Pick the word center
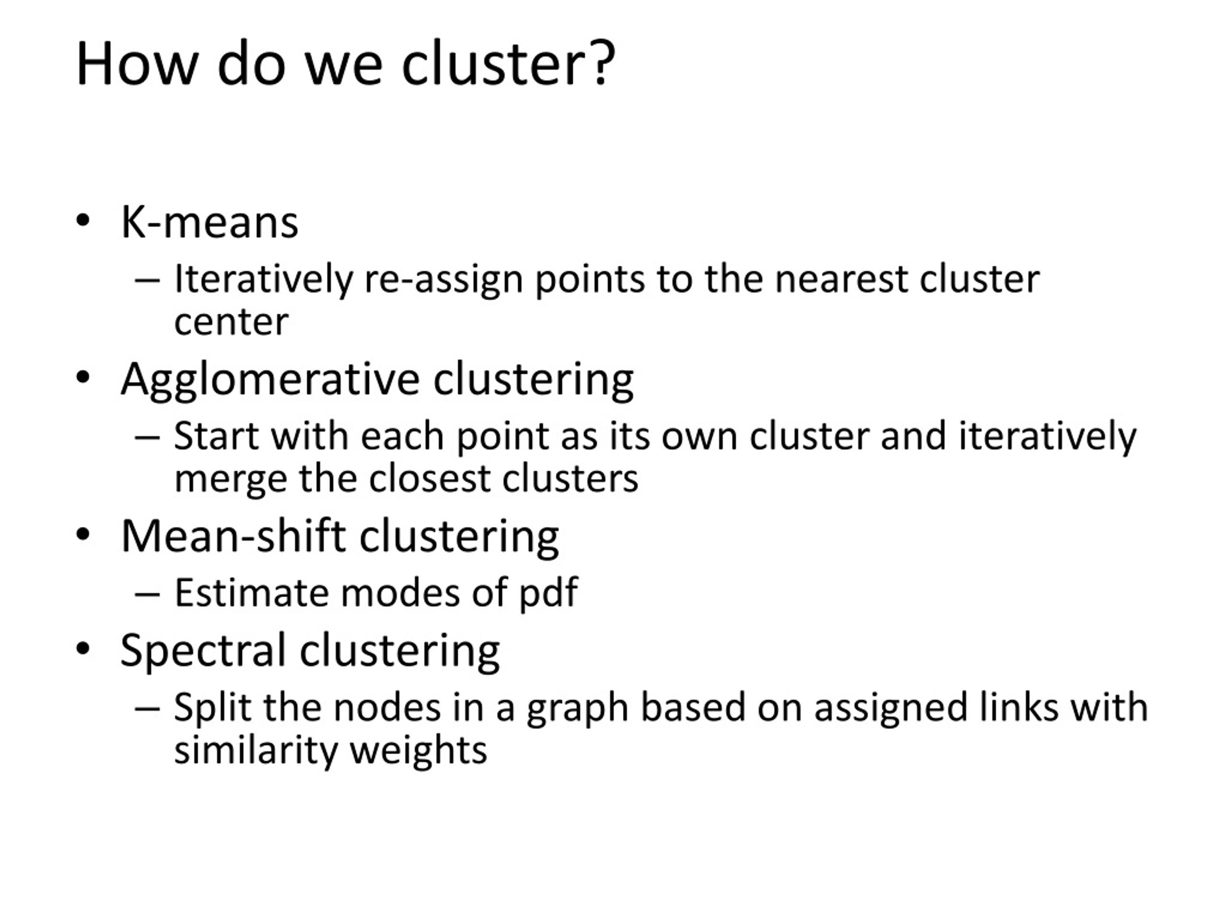pos(232,322)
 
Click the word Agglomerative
pos(271,380)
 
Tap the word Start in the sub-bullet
pos(216,436)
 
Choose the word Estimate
pos(252,593)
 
